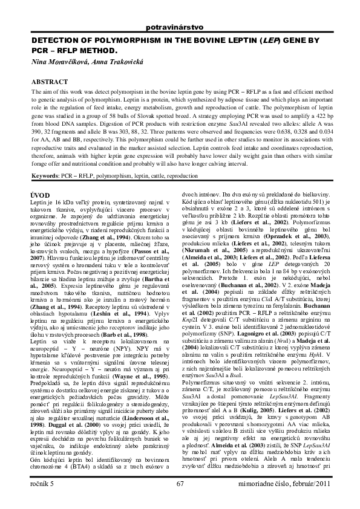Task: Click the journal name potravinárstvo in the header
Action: [x=180, y=28]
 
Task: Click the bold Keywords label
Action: [x=50, y=175]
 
